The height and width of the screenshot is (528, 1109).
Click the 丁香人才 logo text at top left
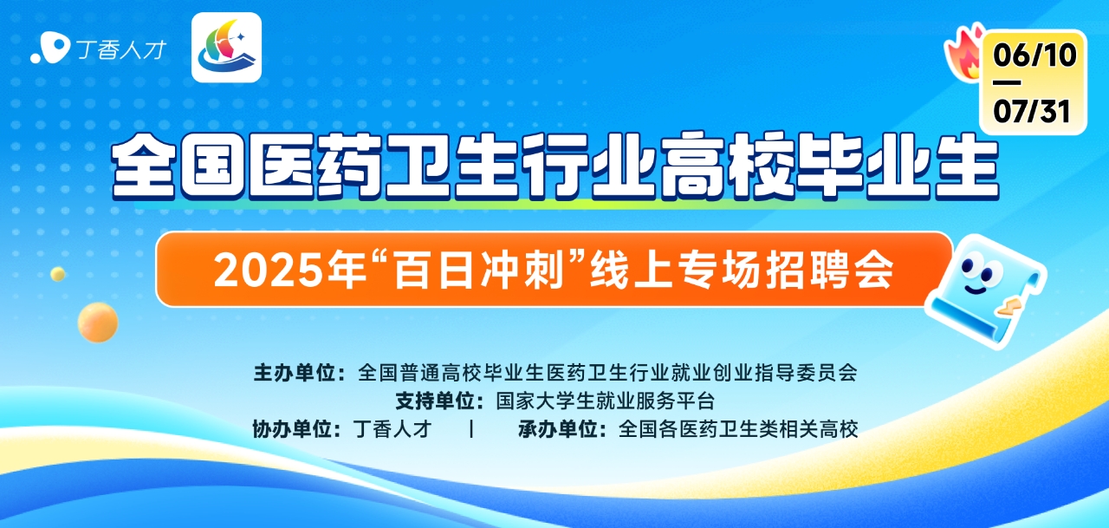[121, 49]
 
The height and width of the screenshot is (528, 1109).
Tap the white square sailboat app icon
[227, 48]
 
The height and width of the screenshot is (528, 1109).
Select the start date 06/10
[1034, 55]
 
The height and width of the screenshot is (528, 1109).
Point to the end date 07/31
[1032, 111]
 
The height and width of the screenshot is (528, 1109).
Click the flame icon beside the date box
[964, 55]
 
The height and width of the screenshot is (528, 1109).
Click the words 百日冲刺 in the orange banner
[478, 270]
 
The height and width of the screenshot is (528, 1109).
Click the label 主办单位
[295, 373]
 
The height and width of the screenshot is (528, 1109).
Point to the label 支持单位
[436, 401]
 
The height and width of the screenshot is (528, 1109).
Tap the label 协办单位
[293, 429]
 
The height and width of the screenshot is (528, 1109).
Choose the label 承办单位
[559, 429]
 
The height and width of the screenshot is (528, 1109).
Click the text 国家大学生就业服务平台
[606, 401]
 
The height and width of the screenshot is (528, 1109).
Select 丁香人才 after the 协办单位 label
[392, 429]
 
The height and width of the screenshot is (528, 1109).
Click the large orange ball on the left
[98, 323]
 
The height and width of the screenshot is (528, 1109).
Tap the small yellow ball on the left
[58, 274]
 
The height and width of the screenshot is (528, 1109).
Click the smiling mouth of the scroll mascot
[976, 289]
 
